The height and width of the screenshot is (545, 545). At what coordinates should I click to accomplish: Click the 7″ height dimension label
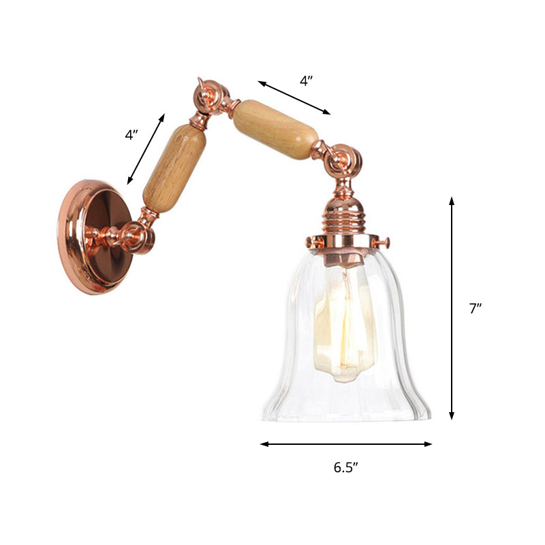[475, 309]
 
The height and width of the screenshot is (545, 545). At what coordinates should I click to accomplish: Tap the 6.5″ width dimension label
[346, 467]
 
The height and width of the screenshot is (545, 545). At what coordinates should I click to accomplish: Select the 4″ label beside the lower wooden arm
[131, 135]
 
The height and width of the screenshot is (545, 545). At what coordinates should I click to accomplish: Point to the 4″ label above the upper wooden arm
[306, 80]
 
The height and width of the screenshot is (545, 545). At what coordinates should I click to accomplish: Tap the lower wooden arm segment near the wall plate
[174, 167]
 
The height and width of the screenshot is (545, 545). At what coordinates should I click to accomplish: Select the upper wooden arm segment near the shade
[275, 129]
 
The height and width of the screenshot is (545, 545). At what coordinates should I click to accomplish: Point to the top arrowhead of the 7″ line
[452, 200]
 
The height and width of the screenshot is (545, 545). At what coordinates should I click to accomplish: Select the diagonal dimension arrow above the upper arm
[294, 97]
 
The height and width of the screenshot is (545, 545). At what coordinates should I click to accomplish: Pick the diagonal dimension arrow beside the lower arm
[146, 149]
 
